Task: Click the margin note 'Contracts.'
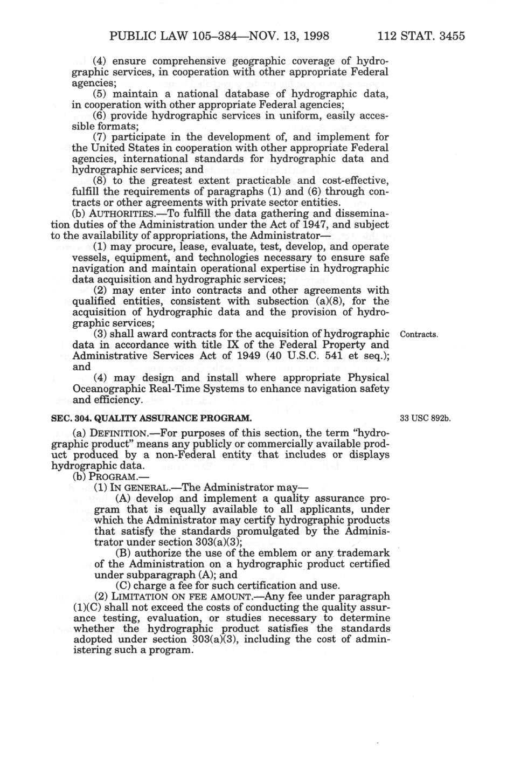pyautogui.click(x=419, y=335)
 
